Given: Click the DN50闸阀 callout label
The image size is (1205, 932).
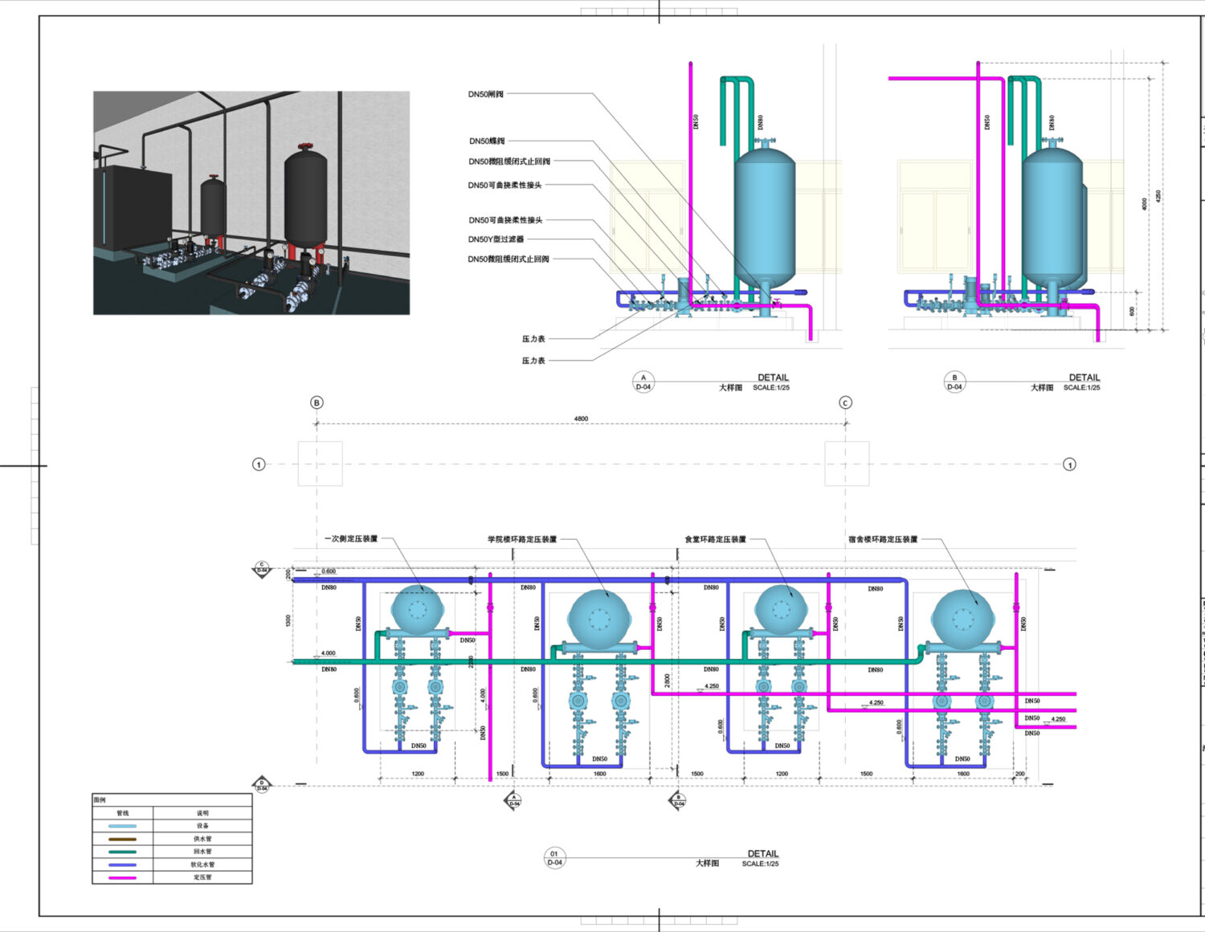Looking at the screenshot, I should [x=486, y=94].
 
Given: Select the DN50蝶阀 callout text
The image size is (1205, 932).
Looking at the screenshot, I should [x=487, y=141].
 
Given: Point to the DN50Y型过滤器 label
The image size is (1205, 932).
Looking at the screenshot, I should [x=496, y=239].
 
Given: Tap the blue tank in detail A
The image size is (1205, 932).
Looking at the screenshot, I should [x=764, y=217].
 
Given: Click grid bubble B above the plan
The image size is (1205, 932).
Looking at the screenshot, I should [x=317, y=403].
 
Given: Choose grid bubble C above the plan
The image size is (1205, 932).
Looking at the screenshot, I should [x=845, y=403].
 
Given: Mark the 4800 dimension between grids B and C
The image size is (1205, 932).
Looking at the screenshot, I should [x=581, y=419].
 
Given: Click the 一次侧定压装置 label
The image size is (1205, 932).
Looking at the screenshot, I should [x=351, y=539].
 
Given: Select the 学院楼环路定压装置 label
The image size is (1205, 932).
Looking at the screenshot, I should [x=522, y=539].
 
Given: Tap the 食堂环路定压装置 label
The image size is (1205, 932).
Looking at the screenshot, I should [x=715, y=539].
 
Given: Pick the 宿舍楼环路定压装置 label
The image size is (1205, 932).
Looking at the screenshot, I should [x=883, y=539].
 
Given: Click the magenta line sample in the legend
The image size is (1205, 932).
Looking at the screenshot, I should [x=122, y=878].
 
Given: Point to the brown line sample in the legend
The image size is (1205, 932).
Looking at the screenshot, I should [x=122, y=839].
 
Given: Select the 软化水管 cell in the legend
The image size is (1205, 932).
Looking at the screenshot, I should [x=202, y=865].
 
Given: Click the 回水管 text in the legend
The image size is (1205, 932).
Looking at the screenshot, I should [x=202, y=852].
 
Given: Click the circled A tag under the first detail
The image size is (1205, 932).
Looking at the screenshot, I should [x=643, y=382].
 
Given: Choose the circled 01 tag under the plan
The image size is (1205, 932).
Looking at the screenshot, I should [x=554, y=858].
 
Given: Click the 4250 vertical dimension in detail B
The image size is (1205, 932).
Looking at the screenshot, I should [x=1158, y=196].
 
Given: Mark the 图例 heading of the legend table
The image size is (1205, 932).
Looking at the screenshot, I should [x=100, y=800].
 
